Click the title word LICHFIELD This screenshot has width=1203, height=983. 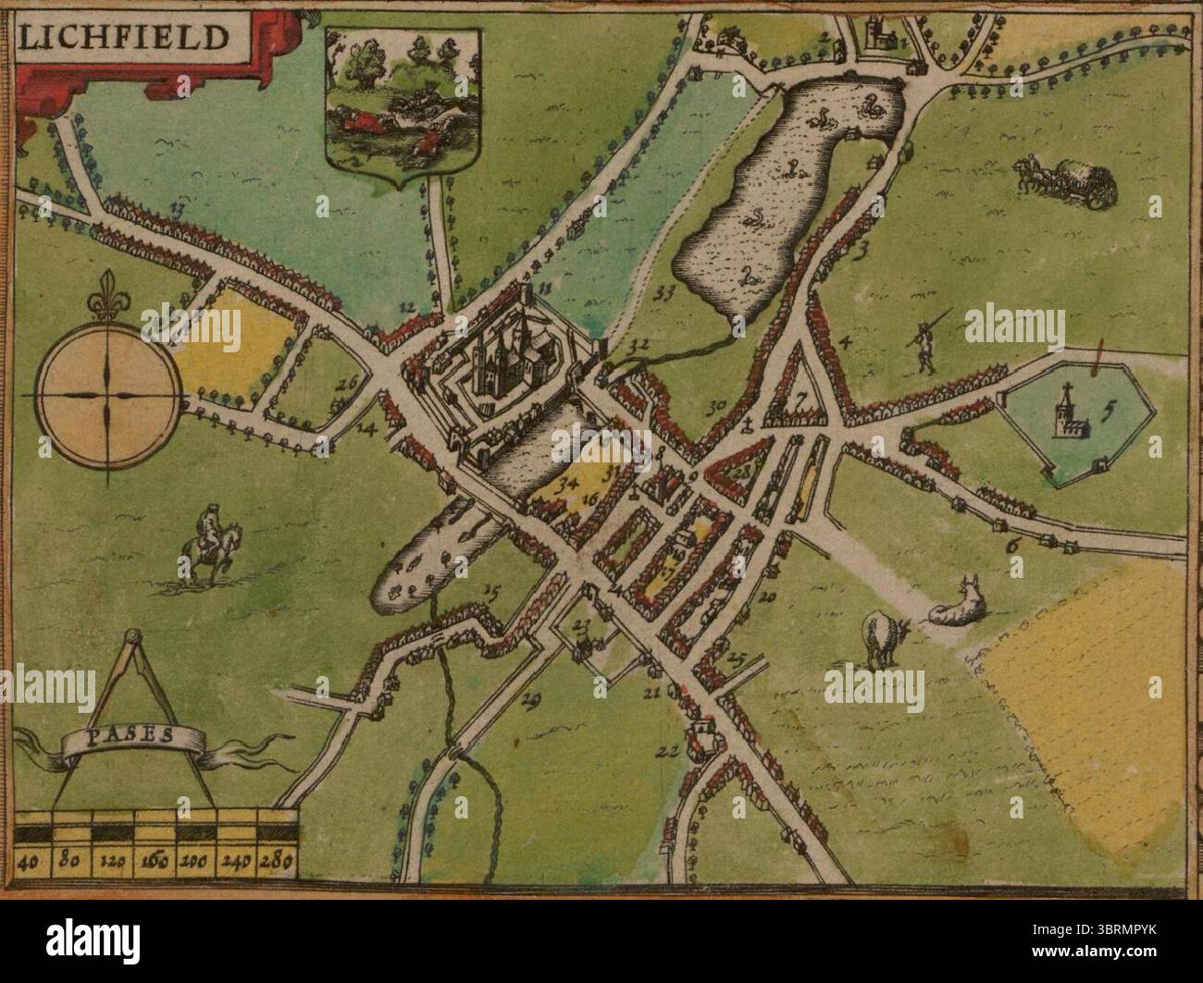point(123,37)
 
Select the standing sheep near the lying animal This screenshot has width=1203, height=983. point(885,637)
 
